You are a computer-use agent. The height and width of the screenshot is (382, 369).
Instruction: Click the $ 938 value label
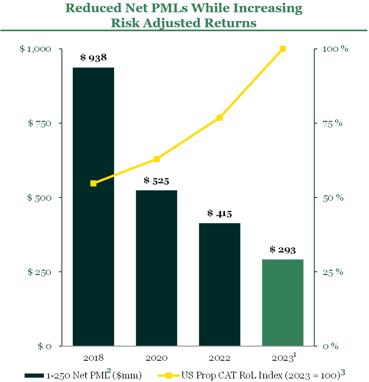point(94,58)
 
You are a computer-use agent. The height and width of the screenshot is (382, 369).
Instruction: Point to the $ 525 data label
point(156,181)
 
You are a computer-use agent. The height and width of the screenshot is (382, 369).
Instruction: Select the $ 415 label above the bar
point(219,214)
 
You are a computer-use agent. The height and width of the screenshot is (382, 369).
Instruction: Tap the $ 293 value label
point(283,250)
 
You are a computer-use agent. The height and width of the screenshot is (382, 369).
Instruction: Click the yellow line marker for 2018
point(94,183)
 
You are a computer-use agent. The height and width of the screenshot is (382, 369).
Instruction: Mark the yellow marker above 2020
point(156,159)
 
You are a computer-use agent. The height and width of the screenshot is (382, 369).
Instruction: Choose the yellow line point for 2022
point(219,118)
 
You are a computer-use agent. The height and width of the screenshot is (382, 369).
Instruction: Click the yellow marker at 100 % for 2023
point(283,49)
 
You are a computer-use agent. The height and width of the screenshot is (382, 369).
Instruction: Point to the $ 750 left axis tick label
point(39,123)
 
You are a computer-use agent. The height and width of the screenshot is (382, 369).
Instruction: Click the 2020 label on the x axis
point(156,358)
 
